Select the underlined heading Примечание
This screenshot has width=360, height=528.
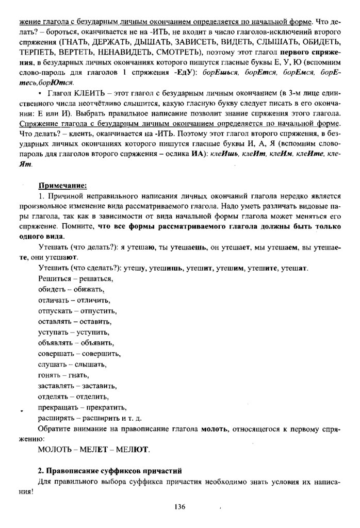point(62,186)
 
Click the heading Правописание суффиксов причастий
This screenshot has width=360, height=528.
point(110,472)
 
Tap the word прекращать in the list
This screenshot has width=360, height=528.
point(55,407)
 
